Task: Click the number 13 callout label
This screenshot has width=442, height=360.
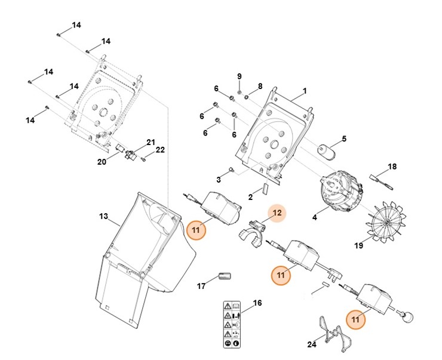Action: click(x=103, y=216)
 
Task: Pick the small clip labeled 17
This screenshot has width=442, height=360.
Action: click(x=225, y=276)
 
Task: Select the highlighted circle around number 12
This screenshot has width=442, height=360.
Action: click(x=276, y=212)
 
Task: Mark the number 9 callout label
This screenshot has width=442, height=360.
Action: click(x=239, y=76)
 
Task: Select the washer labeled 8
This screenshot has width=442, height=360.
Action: click(x=246, y=97)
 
